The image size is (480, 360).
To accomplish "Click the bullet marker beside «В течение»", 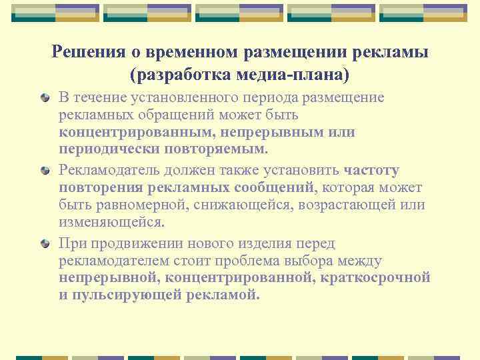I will point(44,98).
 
